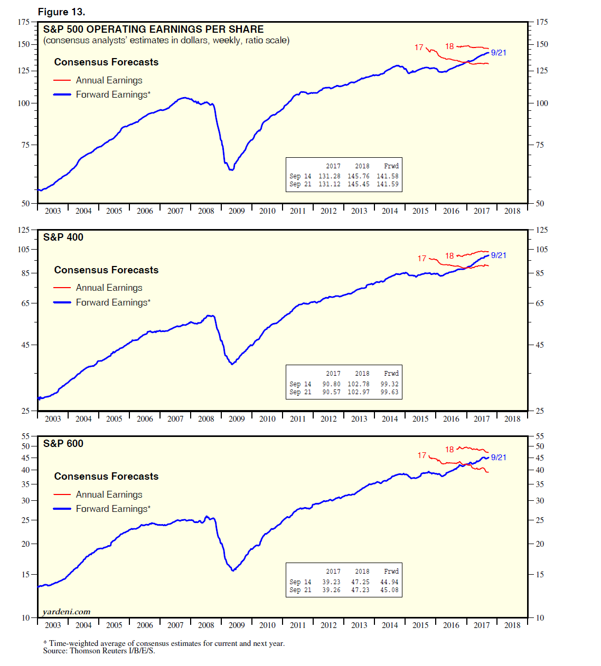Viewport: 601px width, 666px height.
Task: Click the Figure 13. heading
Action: tap(61, 12)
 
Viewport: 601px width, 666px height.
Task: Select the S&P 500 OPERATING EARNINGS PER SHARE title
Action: tap(153, 30)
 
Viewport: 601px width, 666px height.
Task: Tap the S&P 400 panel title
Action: tap(63, 237)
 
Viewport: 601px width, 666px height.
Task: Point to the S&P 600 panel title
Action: tap(63, 444)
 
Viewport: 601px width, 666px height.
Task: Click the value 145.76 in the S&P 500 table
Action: tap(358, 176)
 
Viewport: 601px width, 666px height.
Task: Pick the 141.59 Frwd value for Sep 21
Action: tap(387, 184)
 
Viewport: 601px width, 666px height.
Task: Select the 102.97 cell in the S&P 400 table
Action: tap(358, 392)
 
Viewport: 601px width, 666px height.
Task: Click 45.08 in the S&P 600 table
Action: tap(389, 590)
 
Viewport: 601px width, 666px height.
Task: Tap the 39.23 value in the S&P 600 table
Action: tap(331, 582)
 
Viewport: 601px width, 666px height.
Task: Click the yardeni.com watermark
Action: tap(67, 612)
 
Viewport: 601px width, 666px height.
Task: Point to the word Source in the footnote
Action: tap(54, 651)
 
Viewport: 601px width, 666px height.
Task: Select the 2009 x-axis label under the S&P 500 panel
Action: tap(237, 211)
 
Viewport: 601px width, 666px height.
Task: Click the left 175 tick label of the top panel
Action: tap(24, 22)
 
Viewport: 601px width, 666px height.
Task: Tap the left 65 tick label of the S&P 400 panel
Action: tap(25, 303)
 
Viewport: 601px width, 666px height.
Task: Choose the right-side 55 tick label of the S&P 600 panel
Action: tap(540, 436)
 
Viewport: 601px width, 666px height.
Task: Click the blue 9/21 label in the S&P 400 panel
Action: tap(499, 255)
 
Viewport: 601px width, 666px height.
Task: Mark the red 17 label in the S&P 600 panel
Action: tap(421, 455)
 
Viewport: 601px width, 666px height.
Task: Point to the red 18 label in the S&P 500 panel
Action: tap(449, 46)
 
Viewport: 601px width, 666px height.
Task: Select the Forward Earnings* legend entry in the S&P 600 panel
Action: tap(113, 509)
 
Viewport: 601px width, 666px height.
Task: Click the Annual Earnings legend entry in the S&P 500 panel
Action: tap(109, 80)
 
